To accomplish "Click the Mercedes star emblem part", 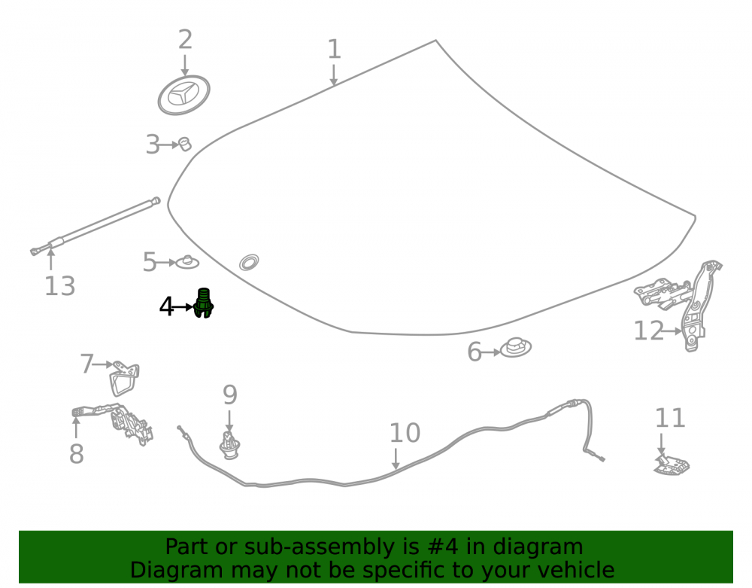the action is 183,95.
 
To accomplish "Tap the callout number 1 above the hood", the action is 334,50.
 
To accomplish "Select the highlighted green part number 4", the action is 203,303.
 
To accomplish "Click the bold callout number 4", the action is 166,306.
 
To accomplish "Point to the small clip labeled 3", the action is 185,144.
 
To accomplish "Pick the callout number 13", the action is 60,286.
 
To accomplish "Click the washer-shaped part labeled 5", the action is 187,262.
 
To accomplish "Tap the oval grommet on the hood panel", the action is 249,262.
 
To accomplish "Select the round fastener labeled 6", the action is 516,347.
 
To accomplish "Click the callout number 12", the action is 648,331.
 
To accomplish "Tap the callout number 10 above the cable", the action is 405,433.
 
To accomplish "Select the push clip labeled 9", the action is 229,445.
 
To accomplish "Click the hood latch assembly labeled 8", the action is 115,422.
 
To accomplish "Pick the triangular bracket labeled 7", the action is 124,378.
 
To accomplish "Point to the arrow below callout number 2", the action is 185,66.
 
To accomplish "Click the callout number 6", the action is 474,352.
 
